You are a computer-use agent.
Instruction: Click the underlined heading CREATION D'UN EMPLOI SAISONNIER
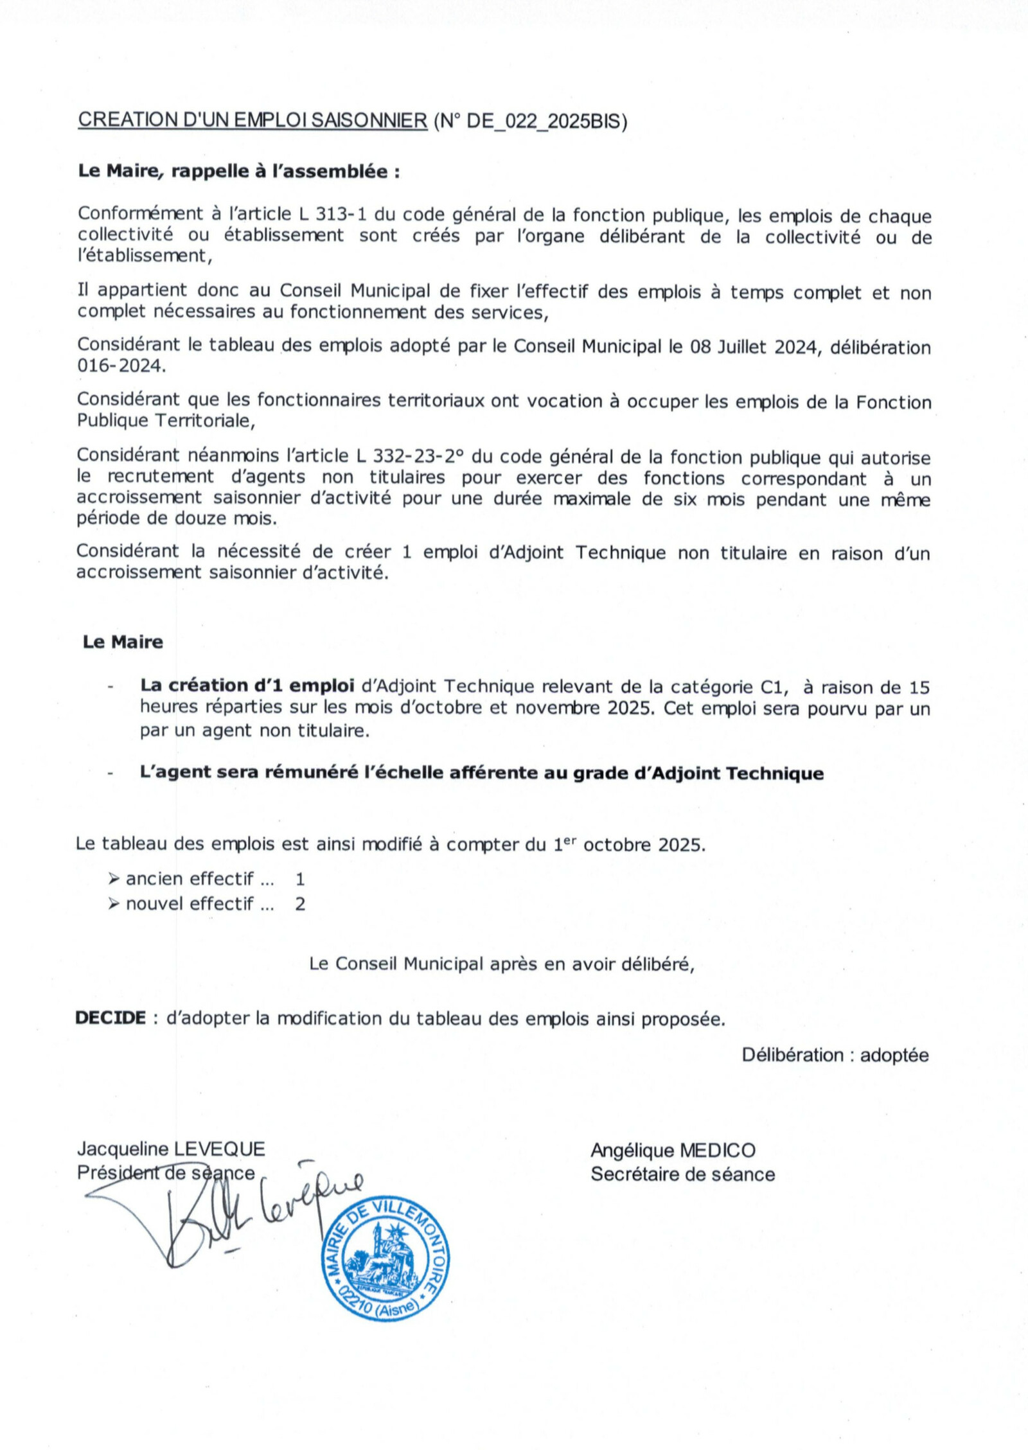pos(253,120)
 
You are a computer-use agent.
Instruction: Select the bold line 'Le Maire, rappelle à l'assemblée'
pos(238,172)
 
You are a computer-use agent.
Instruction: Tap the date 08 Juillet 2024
pos(756,348)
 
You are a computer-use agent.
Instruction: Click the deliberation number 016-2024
pos(120,366)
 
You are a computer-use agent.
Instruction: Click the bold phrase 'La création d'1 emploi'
pos(247,685)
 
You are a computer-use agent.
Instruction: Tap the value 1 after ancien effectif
pos(300,879)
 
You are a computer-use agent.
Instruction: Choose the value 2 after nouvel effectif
pos(300,904)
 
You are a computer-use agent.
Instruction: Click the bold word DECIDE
pos(111,1018)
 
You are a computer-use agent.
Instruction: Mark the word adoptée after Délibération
pos(894,1055)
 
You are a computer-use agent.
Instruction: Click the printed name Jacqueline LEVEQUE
pos(171,1149)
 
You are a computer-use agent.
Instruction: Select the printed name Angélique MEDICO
pos(673,1151)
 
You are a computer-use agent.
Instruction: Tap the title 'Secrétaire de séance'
pos(682,1174)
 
